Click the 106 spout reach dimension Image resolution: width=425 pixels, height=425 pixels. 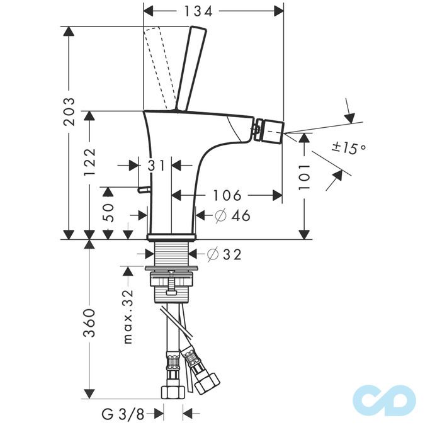tap(226, 195)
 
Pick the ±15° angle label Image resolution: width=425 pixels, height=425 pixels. tap(348, 148)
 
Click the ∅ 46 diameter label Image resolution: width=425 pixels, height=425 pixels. tap(232, 215)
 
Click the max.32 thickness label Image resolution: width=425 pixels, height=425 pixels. tap(128, 317)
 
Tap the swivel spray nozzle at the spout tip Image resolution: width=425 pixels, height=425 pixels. tap(269, 130)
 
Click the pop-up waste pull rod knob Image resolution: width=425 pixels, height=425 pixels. tap(144, 190)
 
